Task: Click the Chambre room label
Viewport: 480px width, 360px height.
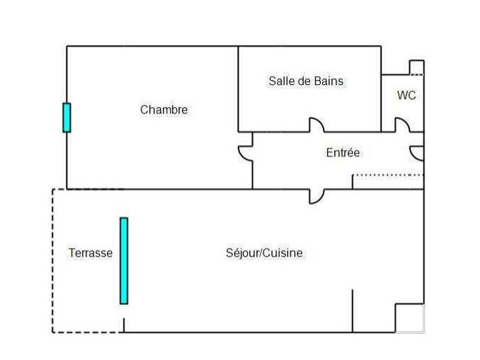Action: point(164,109)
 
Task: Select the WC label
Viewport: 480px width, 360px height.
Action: point(406,95)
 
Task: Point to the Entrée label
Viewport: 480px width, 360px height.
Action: point(343,152)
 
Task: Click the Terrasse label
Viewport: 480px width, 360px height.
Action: point(90,253)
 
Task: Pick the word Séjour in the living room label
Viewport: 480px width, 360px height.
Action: point(244,253)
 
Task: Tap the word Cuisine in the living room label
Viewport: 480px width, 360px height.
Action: point(284,253)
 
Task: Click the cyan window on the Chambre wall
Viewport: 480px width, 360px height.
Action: point(66,118)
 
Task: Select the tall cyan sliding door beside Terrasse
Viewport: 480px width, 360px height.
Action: point(124,261)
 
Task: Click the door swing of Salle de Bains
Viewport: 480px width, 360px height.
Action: point(316,126)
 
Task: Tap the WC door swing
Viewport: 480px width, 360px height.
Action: point(402,126)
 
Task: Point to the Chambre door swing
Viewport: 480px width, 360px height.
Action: point(245,153)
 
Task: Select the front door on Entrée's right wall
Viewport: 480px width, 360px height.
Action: point(417,153)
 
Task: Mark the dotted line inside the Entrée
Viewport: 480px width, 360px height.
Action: point(388,174)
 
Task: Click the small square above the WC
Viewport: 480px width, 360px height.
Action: point(416,68)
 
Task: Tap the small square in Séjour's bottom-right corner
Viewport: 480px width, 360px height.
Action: point(409,318)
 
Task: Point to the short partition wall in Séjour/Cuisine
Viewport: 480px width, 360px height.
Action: point(352,311)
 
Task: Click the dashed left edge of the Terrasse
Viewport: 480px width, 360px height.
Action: point(52,261)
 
